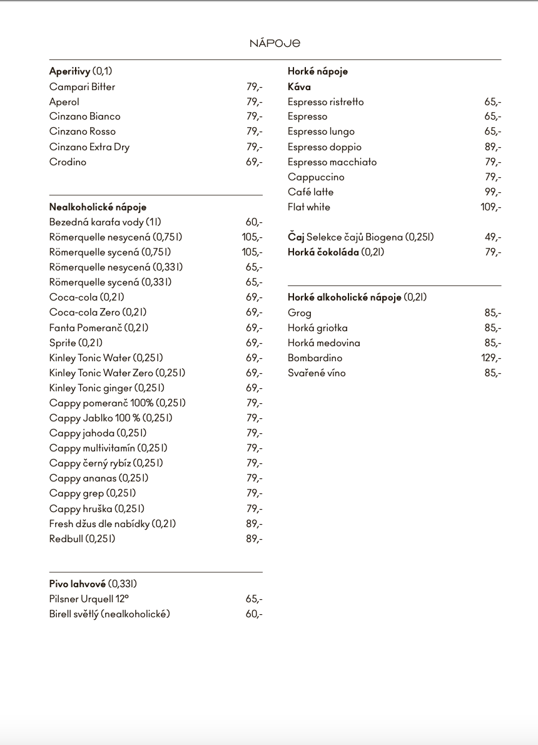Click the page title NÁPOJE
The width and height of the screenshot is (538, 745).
click(275, 43)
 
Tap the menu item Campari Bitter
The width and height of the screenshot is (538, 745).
click(82, 87)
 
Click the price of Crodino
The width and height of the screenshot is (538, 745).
click(254, 162)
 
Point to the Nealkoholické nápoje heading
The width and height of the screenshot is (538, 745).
click(98, 207)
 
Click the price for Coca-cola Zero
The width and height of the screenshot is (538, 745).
click(254, 312)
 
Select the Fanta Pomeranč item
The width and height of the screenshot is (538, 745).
click(98, 327)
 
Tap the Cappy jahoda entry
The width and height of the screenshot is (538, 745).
click(98, 433)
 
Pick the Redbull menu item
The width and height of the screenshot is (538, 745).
click(82, 539)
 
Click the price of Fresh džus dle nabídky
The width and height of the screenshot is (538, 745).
click(254, 524)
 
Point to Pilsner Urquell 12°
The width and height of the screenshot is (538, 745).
click(89, 599)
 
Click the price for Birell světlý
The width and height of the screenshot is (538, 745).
click(254, 614)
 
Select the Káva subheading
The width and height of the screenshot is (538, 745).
click(299, 87)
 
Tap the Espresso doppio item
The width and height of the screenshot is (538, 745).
click(324, 147)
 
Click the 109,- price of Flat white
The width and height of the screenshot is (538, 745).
click(490, 207)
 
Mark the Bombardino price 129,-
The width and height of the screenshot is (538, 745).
click(490, 358)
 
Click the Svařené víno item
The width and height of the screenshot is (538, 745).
click(317, 373)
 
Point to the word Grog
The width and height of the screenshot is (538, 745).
click(299, 313)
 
